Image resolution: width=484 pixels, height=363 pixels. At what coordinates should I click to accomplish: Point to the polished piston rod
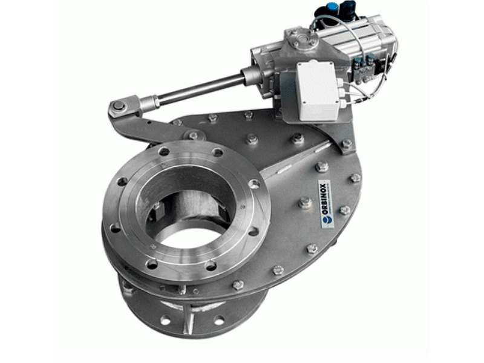coord(201,89)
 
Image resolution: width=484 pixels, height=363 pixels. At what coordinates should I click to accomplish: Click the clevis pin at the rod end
coord(119,106)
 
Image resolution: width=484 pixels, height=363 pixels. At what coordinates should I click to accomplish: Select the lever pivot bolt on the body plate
coord(193,136)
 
